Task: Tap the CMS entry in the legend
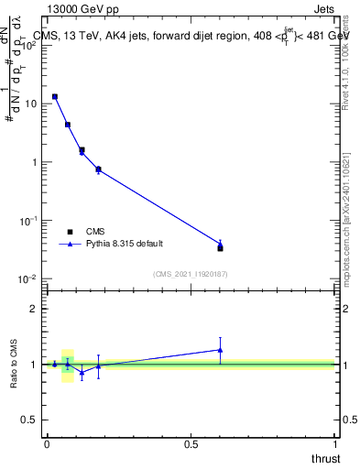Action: coord(95,232)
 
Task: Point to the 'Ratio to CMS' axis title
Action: coord(16,364)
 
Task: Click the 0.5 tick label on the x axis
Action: coord(191,443)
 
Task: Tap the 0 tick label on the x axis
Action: coord(47,443)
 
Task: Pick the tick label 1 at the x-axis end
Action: coord(336,443)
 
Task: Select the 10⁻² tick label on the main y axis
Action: coord(28,279)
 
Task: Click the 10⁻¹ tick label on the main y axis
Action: coord(28,221)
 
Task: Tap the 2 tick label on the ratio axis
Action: coord(34,309)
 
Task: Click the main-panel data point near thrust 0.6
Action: coord(220,247)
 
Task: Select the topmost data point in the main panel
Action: coord(55,96)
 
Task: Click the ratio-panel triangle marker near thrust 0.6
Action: coord(220,349)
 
